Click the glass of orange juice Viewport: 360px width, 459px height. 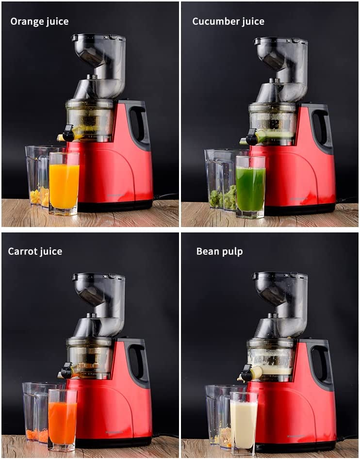[64, 184]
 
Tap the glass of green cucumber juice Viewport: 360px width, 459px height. [250, 187]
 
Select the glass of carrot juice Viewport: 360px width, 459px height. [63, 420]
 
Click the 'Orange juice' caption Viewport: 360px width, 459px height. [39, 22]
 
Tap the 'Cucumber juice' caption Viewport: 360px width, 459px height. [229, 22]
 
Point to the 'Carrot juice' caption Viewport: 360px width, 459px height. [35, 251]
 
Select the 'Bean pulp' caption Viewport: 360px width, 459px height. [219, 252]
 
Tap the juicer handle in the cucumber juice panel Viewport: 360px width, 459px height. [321, 127]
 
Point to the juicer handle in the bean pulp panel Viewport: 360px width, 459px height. [321, 364]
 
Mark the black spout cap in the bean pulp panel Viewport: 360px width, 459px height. [247, 374]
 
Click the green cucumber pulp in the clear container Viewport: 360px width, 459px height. [223, 197]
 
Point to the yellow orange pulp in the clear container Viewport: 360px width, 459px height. [39, 197]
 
